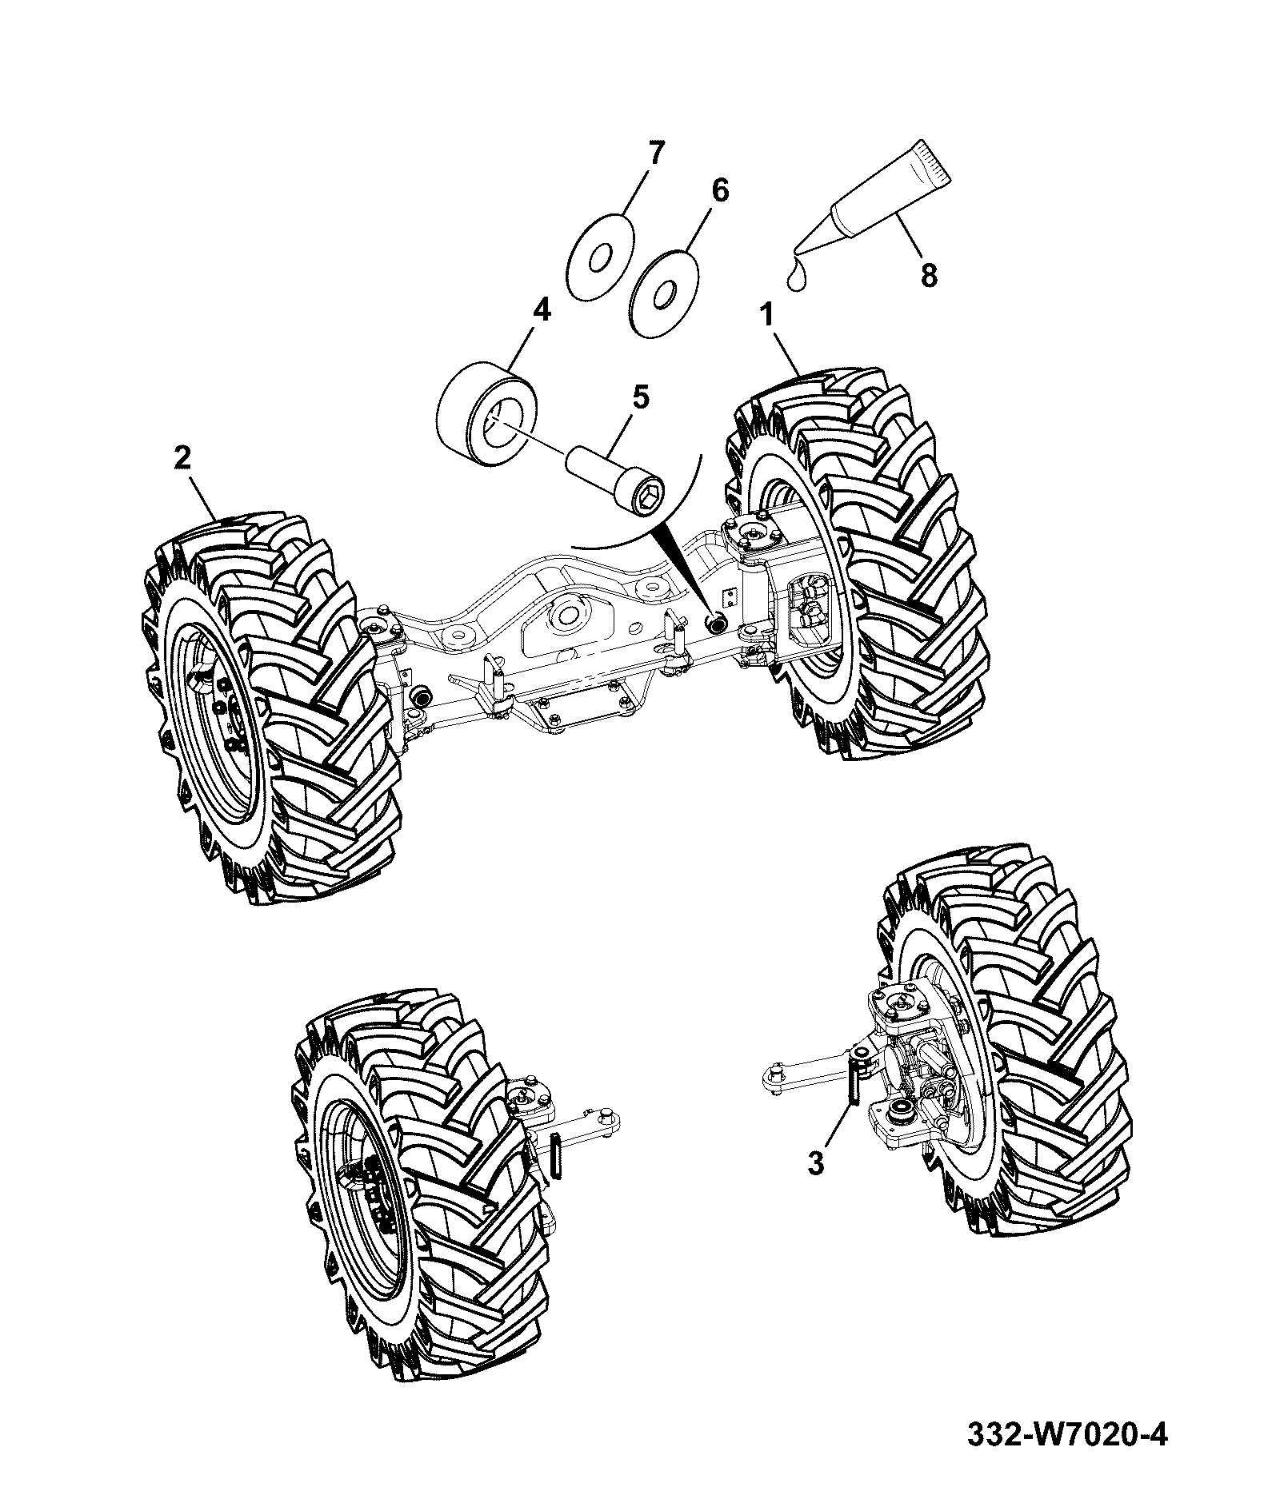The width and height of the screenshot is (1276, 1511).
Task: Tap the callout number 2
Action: click(183, 459)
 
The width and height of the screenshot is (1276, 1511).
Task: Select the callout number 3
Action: click(815, 1164)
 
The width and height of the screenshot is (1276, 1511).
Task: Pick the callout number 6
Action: click(720, 192)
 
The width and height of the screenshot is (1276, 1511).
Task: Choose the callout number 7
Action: click(654, 153)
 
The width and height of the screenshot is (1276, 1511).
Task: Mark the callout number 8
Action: click(928, 276)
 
